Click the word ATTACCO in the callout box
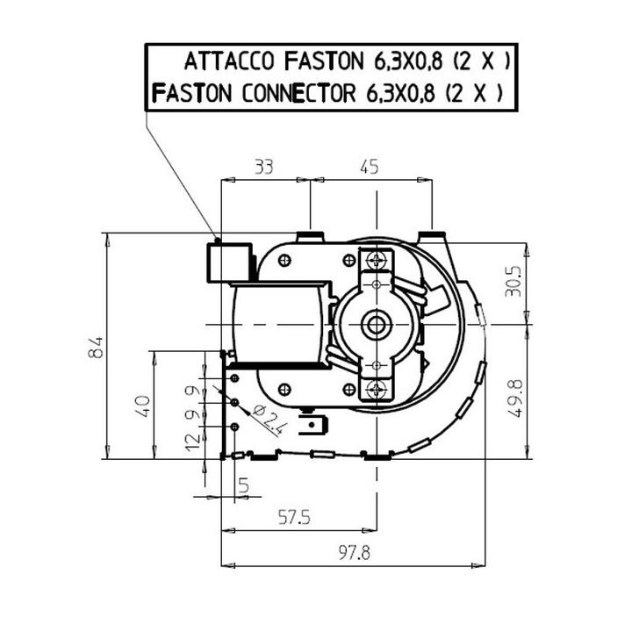tap(229, 61)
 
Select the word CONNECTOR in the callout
tap(298, 94)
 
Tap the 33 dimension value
tap(264, 167)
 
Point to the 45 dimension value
tap(370, 167)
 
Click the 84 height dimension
tap(96, 348)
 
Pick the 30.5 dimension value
tap(513, 281)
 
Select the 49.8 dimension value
tap(514, 399)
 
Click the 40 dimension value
tap(143, 406)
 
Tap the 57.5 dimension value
tap(295, 518)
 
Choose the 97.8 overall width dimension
tap(355, 553)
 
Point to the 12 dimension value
tap(192, 442)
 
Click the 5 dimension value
tap(244, 485)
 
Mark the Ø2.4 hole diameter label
tap(269, 420)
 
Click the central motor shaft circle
tap(377, 325)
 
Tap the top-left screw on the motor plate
tap(284, 261)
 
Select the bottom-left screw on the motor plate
tap(284, 390)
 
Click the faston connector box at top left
tap(229, 262)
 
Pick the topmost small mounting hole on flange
tap(234, 378)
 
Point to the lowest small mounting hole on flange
tap(234, 427)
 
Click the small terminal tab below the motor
tap(313, 426)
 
